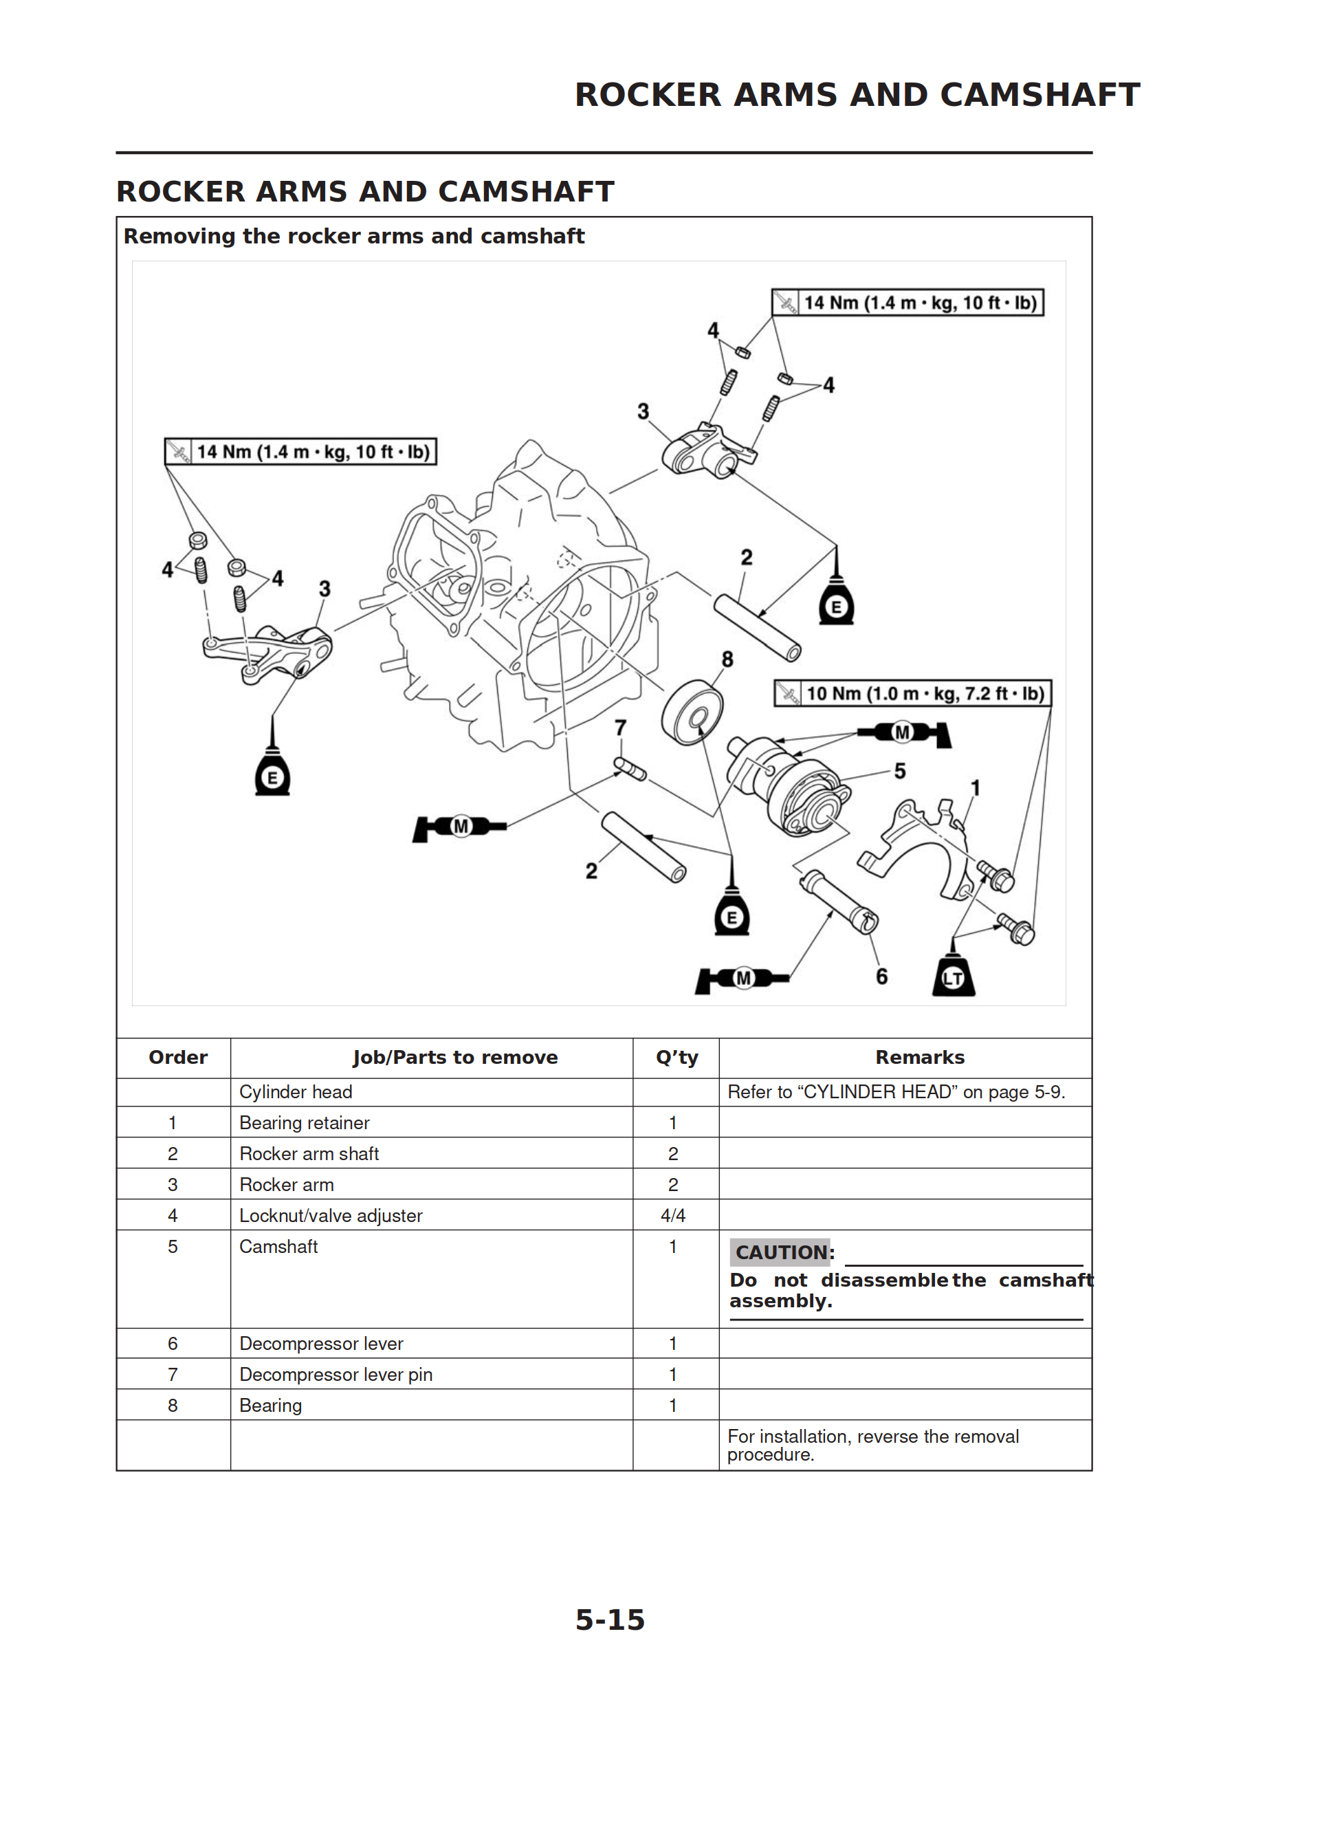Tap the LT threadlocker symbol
coord(953,977)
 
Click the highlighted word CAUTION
coord(780,1252)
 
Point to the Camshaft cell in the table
coord(278,1246)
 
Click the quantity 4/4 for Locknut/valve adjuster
coord(673,1216)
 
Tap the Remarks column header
coord(919,1058)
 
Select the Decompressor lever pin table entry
coord(335,1375)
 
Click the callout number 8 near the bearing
coord(727,659)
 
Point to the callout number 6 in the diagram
coord(881,977)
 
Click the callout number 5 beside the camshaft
coord(900,771)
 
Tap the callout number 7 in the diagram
coord(621,728)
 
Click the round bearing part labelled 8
coord(692,712)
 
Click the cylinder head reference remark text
coord(896,1092)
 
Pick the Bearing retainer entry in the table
coord(305,1122)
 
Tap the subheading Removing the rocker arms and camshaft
coord(354,236)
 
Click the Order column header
coord(177,1058)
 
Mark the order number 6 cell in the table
coord(173,1343)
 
